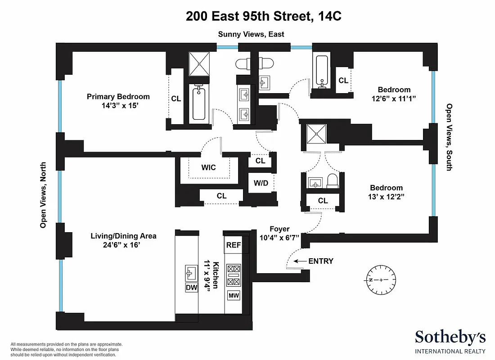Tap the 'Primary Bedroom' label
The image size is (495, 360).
click(x=118, y=97)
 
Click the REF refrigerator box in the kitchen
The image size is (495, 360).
click(x=233, y=245)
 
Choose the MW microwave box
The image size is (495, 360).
click(x=234, y=296)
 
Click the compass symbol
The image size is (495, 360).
click(x=381, y=280)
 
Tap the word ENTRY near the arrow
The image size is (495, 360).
click(x=321, y=261)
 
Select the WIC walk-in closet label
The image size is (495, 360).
click(x=208, y=167)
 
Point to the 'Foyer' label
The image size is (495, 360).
click(x=279, y=229)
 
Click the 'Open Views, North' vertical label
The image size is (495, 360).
click(x=44, y=195)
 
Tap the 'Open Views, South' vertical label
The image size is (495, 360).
click(x=449, y=137)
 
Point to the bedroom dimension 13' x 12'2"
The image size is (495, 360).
click(x=386, y=196)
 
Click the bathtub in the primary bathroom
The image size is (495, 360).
click(x=198, y=103)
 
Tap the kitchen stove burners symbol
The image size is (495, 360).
click(x=234, y=275)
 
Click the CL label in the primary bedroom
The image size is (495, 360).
click(x=176, y=99)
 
